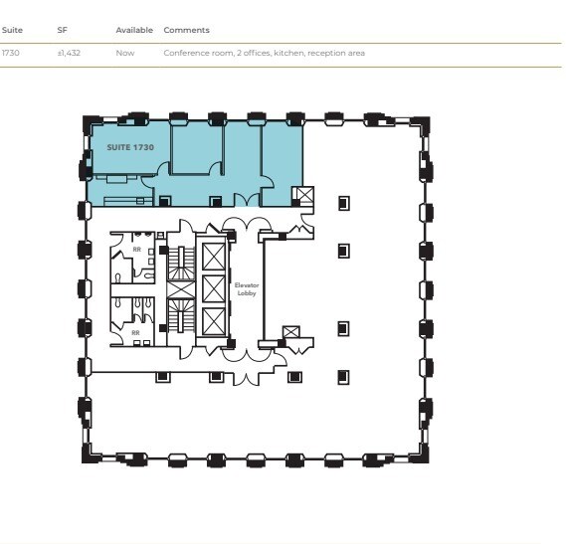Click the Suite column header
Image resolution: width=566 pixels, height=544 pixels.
(12, 30)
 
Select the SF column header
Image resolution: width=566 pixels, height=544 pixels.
(63, 30)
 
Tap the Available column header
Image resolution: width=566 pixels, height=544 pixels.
(134, 30)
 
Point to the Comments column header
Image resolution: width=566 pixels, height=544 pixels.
(186, 30)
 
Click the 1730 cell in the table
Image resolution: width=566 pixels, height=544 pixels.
(11, 53)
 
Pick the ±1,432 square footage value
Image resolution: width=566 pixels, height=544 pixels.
(69, 53)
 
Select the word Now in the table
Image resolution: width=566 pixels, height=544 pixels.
(124, 53)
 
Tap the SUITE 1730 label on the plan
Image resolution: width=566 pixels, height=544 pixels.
(130, 146)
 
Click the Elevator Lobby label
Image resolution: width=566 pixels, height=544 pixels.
(247, 288)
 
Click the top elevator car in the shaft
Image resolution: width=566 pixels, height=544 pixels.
(214, 256)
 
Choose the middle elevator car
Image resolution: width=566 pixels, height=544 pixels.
(214, 289)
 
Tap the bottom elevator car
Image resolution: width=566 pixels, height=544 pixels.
(214, 321)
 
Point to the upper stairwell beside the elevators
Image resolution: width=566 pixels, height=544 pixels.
(180, 264)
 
